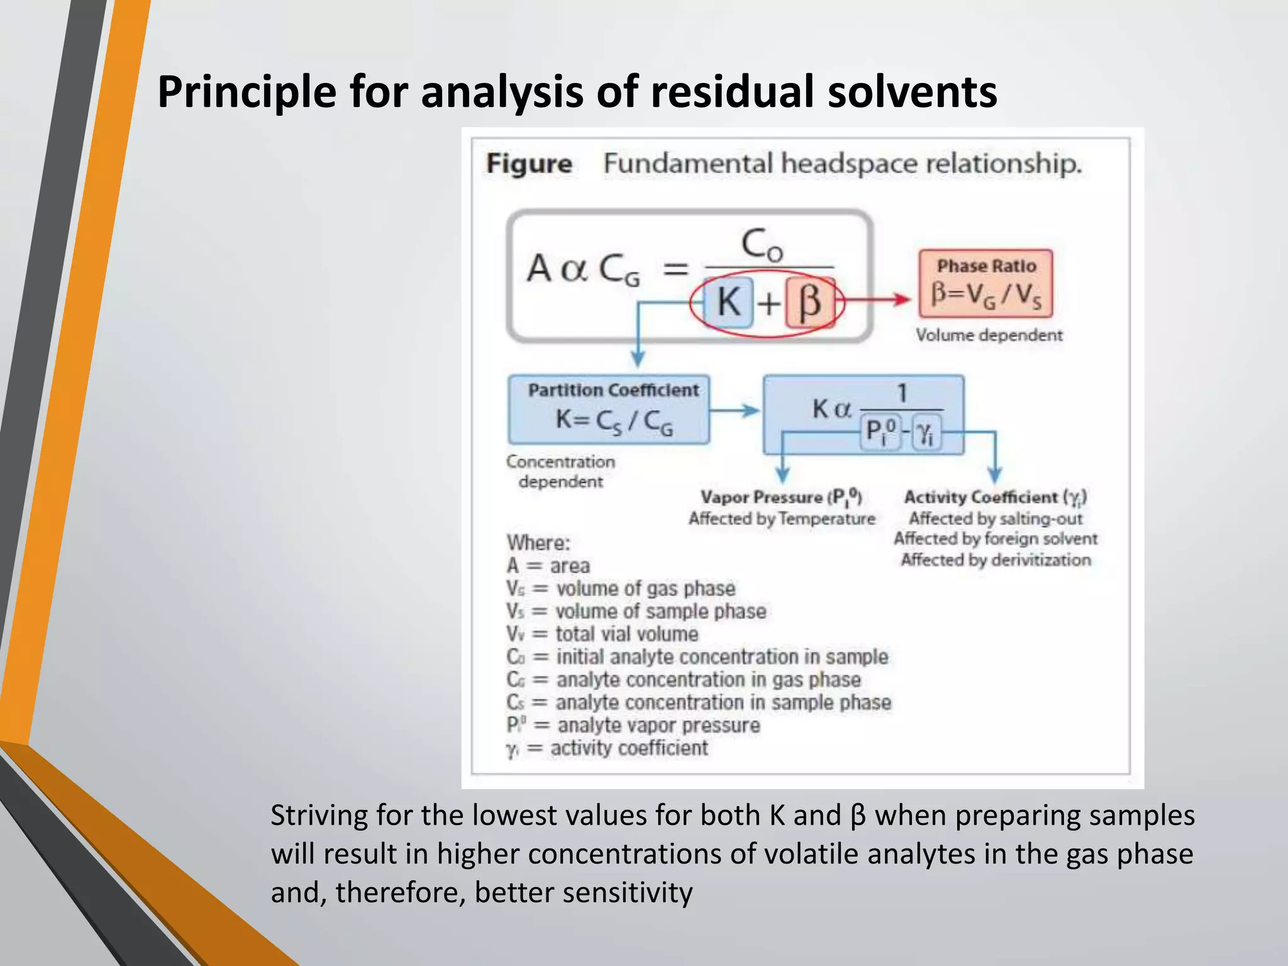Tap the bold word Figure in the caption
tap(529, 164)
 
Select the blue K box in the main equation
tap(729, 303)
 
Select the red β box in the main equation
tap(810, 303)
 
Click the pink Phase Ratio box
tap(985, 283)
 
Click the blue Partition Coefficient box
tap(609, 409)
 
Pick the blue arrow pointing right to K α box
tap(735, 411)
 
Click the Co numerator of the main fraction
tap(762, 245)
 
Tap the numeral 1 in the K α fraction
tap(902, 394)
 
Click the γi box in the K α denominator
tap(926, 432)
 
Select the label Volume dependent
tap(989, 335)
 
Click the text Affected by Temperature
tap(782, 519)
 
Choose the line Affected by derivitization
tap(996, 560)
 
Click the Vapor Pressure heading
tap(780, 497)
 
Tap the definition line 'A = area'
tap(548, 566)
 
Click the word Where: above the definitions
tap(538, 543)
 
